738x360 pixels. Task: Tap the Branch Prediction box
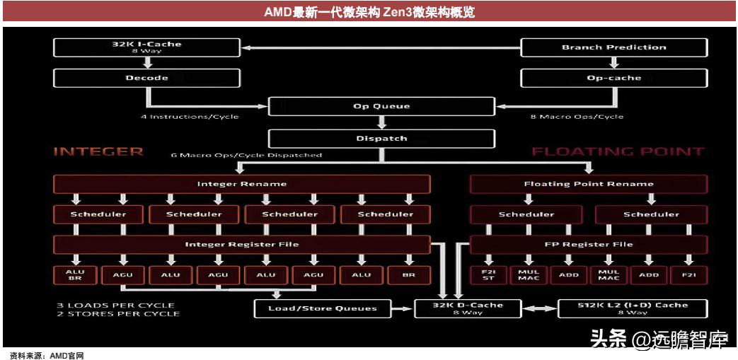(x=613, y=48)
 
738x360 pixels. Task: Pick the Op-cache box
(x=613, y=78)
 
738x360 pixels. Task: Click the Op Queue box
(x=381, y=107)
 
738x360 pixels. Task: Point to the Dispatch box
(x=381, y=138)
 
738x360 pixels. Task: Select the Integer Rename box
(x=241, y=184)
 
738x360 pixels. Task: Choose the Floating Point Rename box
(x=589, y=184)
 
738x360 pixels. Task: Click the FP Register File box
(x=589, y=245)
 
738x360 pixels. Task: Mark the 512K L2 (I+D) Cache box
(x=633, y=308)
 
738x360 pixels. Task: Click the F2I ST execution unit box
(x=489, y=274)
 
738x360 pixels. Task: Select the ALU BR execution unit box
(x=74, y=274)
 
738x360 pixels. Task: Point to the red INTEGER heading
(x=98, y=152)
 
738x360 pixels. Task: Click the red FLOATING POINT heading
(x=617, y=152)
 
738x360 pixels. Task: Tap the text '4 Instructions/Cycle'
(x=190, y=117)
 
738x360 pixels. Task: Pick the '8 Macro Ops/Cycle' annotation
(x=577, y=117)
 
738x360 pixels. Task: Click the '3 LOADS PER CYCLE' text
(x=115, y=306)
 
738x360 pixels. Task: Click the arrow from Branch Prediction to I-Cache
(x=382, y=48)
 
